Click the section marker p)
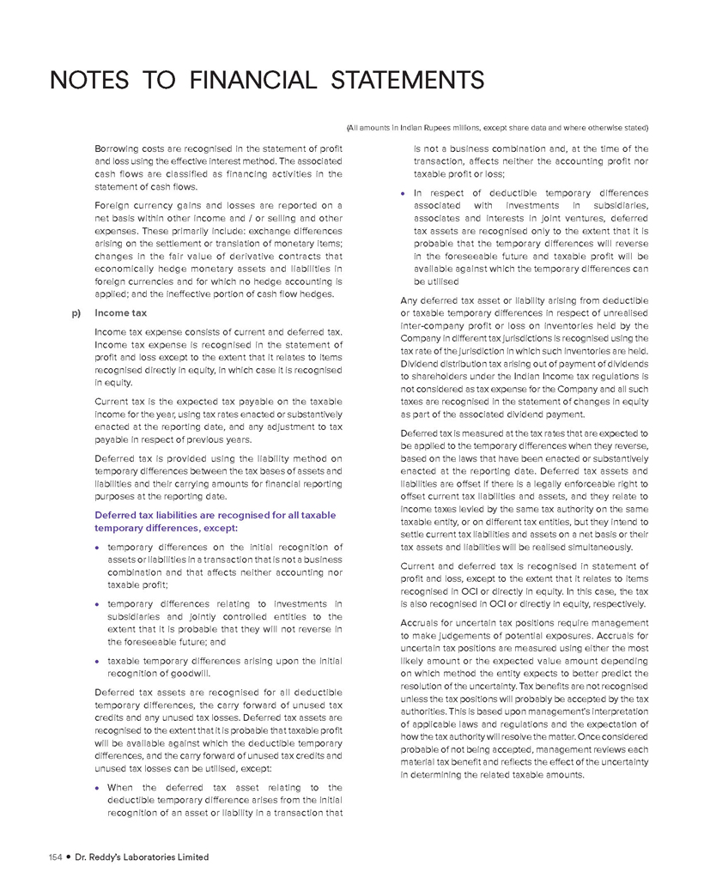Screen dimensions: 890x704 tap(78, 314)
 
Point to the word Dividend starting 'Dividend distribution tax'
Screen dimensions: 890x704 tap(422, 351)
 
